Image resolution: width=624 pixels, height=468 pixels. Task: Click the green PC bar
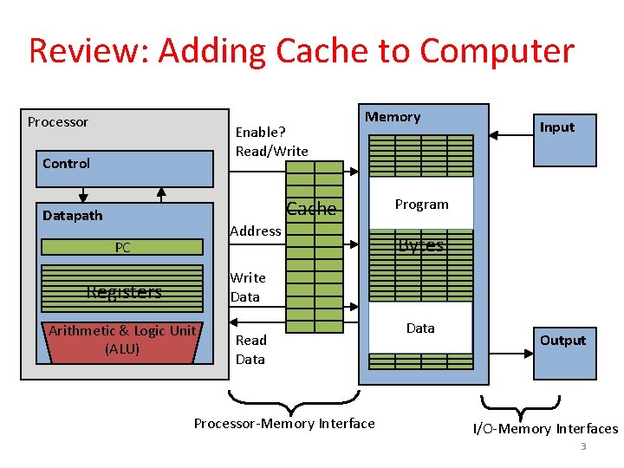123,248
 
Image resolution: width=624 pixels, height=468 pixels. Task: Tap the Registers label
124,292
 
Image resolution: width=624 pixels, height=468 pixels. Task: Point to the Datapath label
73,216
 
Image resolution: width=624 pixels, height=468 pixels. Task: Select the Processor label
58,122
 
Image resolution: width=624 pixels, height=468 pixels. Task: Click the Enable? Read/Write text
272,141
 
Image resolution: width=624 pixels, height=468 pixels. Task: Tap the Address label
255,231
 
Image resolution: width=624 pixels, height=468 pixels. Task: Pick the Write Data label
247,287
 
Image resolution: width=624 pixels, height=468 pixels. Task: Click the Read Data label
250,349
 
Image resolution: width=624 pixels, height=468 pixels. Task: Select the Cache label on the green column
311,209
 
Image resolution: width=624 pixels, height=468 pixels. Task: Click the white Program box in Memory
421,204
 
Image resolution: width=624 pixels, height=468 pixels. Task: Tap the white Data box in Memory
420,328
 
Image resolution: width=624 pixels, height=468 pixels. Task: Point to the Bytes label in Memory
420,245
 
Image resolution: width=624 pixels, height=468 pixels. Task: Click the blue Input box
564,139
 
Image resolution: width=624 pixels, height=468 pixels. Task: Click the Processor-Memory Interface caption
284,424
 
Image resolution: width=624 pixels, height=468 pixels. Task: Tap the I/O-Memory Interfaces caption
545,429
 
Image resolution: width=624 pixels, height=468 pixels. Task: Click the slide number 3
583,447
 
